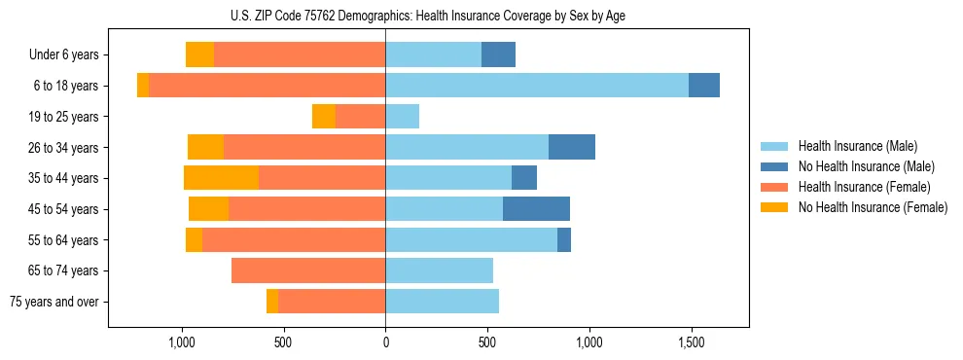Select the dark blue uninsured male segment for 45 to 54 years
tap(536, 209)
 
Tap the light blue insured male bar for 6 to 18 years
tap(537, 86)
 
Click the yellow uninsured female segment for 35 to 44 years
tap(221, 178)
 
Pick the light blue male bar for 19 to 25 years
tap(402, 117)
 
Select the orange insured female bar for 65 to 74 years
tap(308, 270)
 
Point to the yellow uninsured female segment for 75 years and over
tap(272, 302)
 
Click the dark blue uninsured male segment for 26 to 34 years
tap(572, 147)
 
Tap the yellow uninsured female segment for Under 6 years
tap(199, 55)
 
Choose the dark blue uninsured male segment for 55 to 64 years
tap(564, 240)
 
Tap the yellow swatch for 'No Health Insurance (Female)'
tap(774, 207)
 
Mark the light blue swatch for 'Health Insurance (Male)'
tap(774, 146)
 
